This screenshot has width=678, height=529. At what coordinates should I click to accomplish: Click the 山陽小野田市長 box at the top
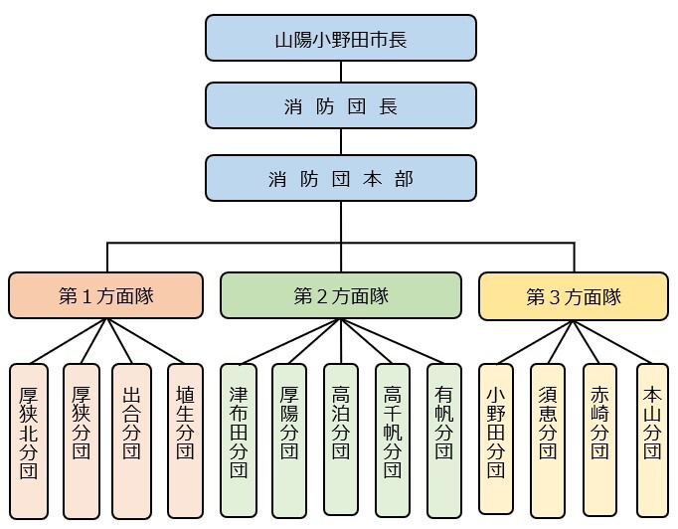pos(340,39)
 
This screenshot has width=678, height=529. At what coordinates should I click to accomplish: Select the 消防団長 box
pos(340,106)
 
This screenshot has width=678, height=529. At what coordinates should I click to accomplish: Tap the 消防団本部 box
pos(340,179)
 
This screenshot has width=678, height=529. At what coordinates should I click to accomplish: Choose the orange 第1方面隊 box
pos(105,296)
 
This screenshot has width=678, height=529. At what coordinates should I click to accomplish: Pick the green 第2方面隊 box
pos(340,296)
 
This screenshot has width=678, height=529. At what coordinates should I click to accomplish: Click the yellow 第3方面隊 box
pos(573,296)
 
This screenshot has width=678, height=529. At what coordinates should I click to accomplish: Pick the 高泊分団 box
pos(341,439)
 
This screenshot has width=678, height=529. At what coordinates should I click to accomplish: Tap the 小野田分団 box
pos(496,438)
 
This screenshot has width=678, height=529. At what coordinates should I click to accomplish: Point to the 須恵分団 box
pos(548,438)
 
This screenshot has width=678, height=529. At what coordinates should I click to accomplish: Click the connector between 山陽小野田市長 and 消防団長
pos(341,72)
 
